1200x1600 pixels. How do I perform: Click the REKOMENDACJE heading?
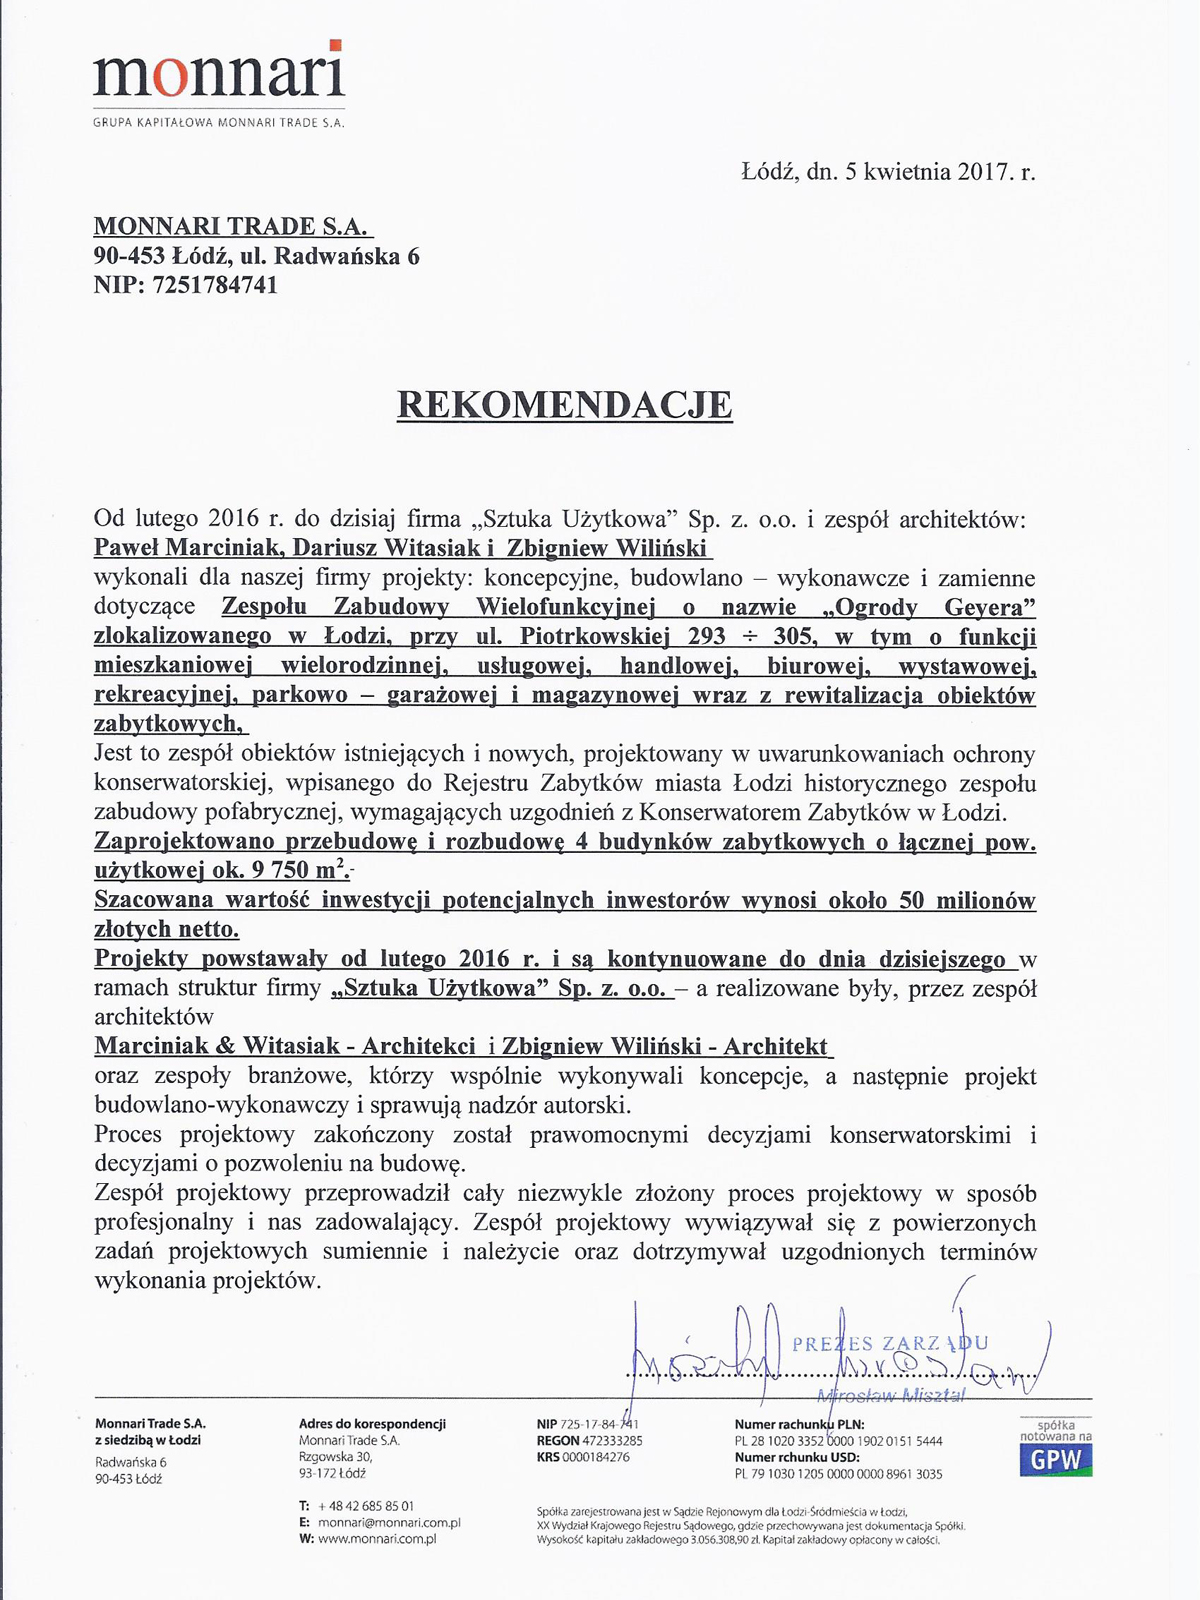(x=565, y=405)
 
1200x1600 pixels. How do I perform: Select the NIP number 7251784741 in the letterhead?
(x=214, y=285)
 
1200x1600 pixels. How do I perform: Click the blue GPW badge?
(x=1056, y=1459)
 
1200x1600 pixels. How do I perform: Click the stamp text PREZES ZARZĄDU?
(x=890, y=1344)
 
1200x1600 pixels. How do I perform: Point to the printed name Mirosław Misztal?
(x=890, y=1396)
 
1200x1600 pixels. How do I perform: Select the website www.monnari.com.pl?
(x=377, y=1539)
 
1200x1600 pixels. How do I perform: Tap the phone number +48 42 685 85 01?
(x=366, y=1505)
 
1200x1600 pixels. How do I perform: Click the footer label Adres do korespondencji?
(x=372, y=1423)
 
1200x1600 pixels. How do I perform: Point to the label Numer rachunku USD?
(x=797, y=1457)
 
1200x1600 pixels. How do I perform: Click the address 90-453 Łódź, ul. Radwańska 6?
(x=256, y=256)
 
